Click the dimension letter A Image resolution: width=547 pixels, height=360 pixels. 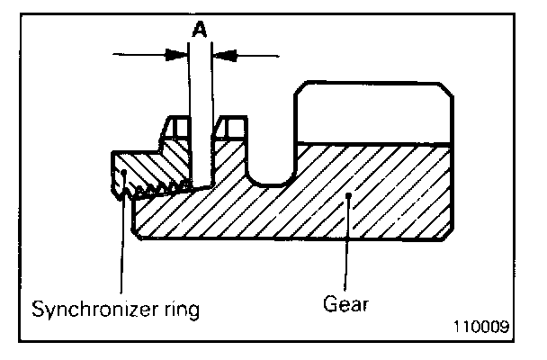200,29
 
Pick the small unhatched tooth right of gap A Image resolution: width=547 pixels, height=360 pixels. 235,127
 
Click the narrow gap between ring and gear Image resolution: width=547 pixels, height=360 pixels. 200,144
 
